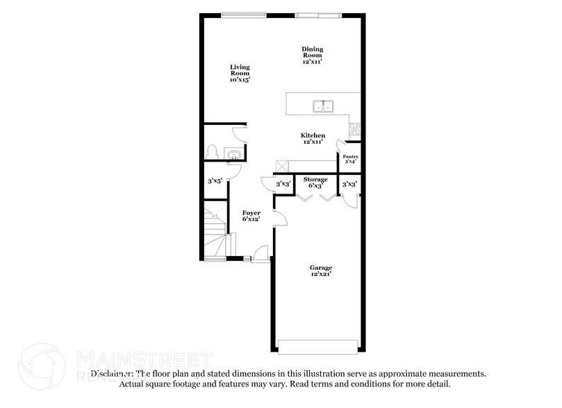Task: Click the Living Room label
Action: coord(240,69)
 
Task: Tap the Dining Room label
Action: coord(312,52)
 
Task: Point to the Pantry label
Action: coord(351,157)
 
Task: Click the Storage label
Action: coord(315,180)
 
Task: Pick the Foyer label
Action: coord(251,213)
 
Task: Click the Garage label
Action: coord(321,268)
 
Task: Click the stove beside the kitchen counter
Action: coord(355,129)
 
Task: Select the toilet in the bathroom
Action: coord(213,152)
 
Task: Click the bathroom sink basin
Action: coord(235,154)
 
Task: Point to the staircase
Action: coord(216,232)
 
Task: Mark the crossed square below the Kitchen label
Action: coord(282,166)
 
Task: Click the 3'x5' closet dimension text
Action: coord(214,181)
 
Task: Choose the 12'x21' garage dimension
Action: coord(321,275)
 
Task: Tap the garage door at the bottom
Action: coord(320,346)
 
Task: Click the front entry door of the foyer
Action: coord(260,255)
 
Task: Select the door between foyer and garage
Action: coord(278,219)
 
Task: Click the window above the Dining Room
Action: coord(317,15)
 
